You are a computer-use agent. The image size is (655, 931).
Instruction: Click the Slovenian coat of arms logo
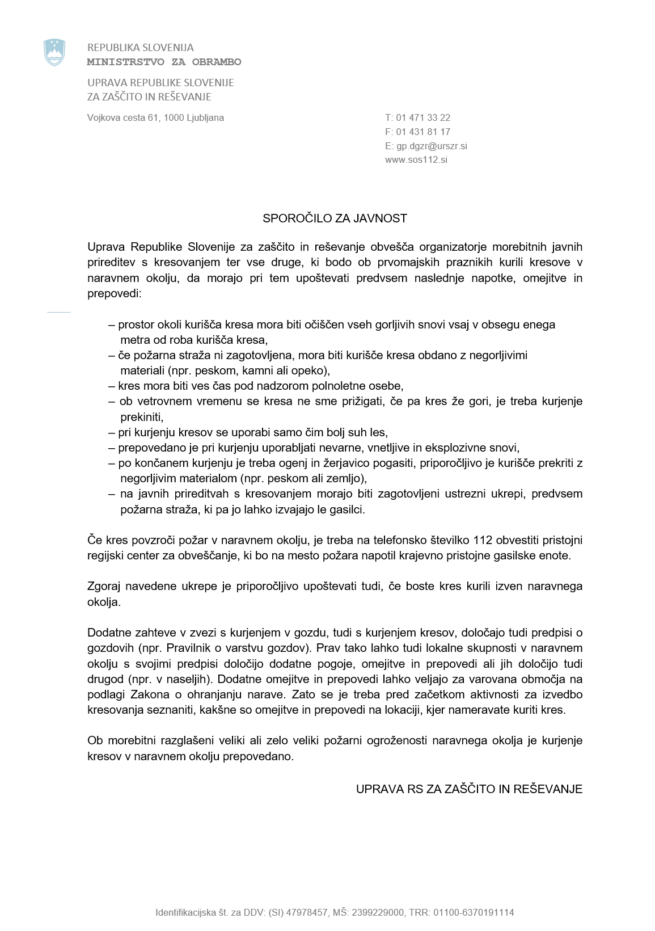(54, 52)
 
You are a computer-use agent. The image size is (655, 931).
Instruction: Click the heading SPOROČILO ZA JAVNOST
(335, 218)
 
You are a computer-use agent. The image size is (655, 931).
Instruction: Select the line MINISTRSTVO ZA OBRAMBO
(164, 62)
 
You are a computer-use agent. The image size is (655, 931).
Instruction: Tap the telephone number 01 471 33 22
(423, 118)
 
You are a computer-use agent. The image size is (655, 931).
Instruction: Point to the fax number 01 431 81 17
(423, 132)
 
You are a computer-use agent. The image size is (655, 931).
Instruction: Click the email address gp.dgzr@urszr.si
(432, 146)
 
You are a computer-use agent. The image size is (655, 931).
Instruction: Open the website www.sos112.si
(416, 160)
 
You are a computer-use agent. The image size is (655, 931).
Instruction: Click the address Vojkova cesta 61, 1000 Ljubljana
(155, 118)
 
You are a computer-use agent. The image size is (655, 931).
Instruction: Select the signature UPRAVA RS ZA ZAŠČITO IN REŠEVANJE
(469, 789)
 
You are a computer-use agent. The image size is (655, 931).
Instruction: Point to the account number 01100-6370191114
(474, 913)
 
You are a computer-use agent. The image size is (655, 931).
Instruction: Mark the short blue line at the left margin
(58, 312)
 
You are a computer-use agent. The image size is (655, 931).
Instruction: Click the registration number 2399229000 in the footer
(378, 913)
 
